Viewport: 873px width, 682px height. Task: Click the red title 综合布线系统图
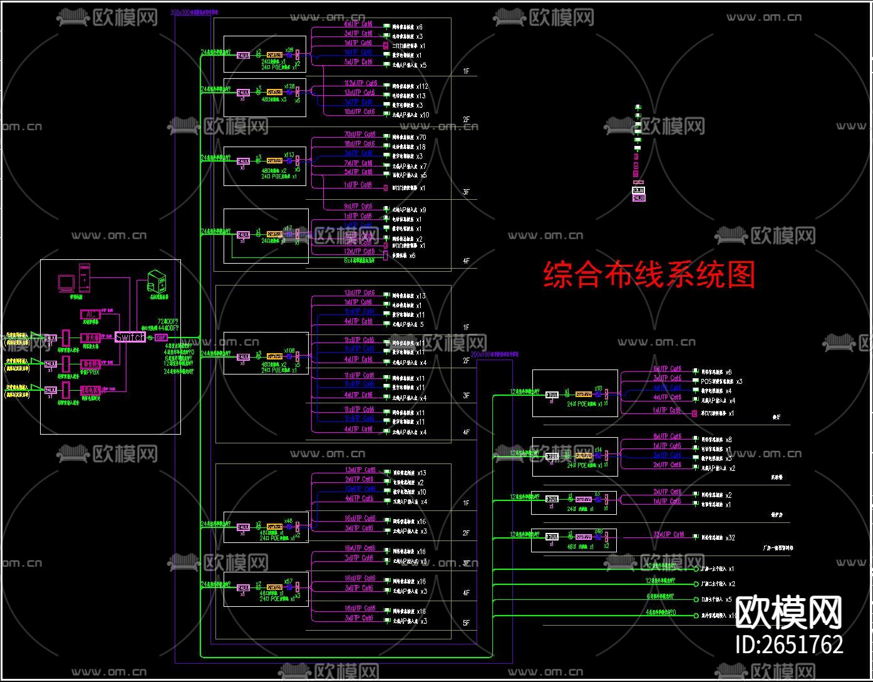[649, 275]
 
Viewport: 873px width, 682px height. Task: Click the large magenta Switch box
[130, 338]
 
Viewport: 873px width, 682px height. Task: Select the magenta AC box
[90, 313]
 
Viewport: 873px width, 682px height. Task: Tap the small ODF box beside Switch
[160, 338]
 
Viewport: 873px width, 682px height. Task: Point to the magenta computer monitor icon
[65, 283]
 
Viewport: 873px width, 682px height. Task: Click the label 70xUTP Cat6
[360, 135]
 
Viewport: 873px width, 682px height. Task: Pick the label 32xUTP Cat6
[669, 535]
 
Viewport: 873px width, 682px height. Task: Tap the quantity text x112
[422, 86]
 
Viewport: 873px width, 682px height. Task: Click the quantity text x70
[421, 138]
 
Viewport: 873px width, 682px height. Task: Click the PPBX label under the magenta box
[91, 371]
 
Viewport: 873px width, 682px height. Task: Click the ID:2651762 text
[789, 644]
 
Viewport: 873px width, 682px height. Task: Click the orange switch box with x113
[274, 161]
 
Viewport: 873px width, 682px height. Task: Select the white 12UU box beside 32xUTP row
[552, 537]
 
